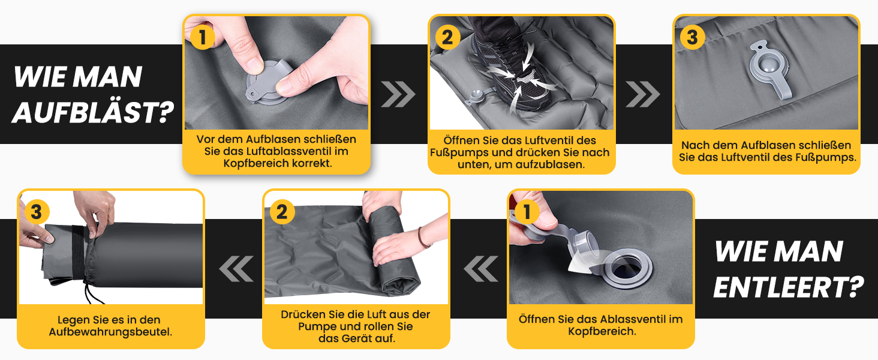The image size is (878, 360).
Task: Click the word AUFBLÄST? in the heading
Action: click(x=94, y=113)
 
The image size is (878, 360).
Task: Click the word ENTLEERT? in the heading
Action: click(x=789, y=287)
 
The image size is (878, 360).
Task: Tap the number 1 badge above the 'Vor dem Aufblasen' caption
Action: click(x=202, y=38)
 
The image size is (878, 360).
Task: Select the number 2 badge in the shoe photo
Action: click(x=447, y=37)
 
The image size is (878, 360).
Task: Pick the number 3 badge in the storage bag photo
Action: click(x=37, y=212)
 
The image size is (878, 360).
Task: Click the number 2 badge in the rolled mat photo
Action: click(x=282, y=212)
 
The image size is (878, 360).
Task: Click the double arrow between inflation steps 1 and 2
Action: click(x=398, y=94)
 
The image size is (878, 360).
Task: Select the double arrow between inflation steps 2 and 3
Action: click(x=643, y=94)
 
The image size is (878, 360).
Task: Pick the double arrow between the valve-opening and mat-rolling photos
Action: click(x=480, y=269)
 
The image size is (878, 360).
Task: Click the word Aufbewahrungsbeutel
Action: click(x=110, y=332)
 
